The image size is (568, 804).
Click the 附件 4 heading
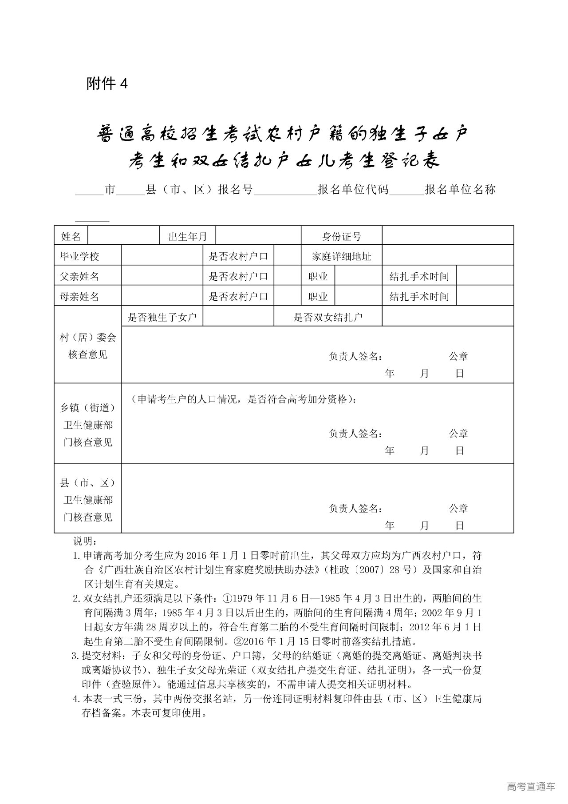pos(107,84)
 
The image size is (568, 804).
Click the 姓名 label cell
pos(71,236)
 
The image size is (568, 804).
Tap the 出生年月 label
pos(187,236)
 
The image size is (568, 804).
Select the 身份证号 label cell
pos(341,236)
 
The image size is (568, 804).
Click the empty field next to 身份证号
pos(447,235)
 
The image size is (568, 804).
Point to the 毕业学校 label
pos(80,256)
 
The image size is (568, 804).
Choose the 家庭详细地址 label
pos(341,256)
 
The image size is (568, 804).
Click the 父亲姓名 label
pos(80,276)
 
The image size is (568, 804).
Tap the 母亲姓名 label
pos(80,296)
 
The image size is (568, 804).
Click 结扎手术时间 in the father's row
pos(419,276)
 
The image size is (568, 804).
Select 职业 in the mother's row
pos(318,296)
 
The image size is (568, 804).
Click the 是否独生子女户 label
pos(162,317)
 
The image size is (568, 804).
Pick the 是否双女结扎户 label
pos(328,317)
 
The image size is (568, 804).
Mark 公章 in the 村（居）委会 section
pos(458,356)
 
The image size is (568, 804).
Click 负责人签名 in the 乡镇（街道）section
pos(355,434)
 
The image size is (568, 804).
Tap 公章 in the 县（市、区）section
pos(458,509)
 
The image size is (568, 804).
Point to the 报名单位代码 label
pos(353,190)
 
